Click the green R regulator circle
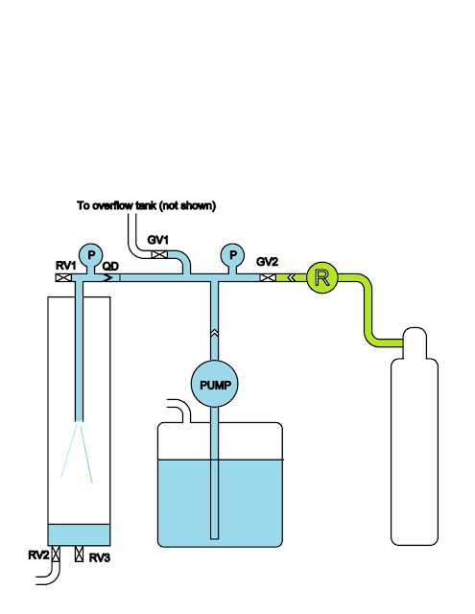321,277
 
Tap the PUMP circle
215,384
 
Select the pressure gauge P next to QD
91,255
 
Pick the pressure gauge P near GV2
232,255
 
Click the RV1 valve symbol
63,277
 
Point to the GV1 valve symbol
159,254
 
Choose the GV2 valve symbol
268,277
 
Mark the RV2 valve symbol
56,554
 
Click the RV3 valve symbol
79,554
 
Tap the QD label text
110,267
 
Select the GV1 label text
157,240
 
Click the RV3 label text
100,557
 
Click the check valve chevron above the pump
214,333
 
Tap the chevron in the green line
291,277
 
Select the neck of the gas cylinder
415,343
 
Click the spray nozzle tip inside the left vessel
79,420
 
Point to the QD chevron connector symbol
107,277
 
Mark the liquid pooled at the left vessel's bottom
79,534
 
